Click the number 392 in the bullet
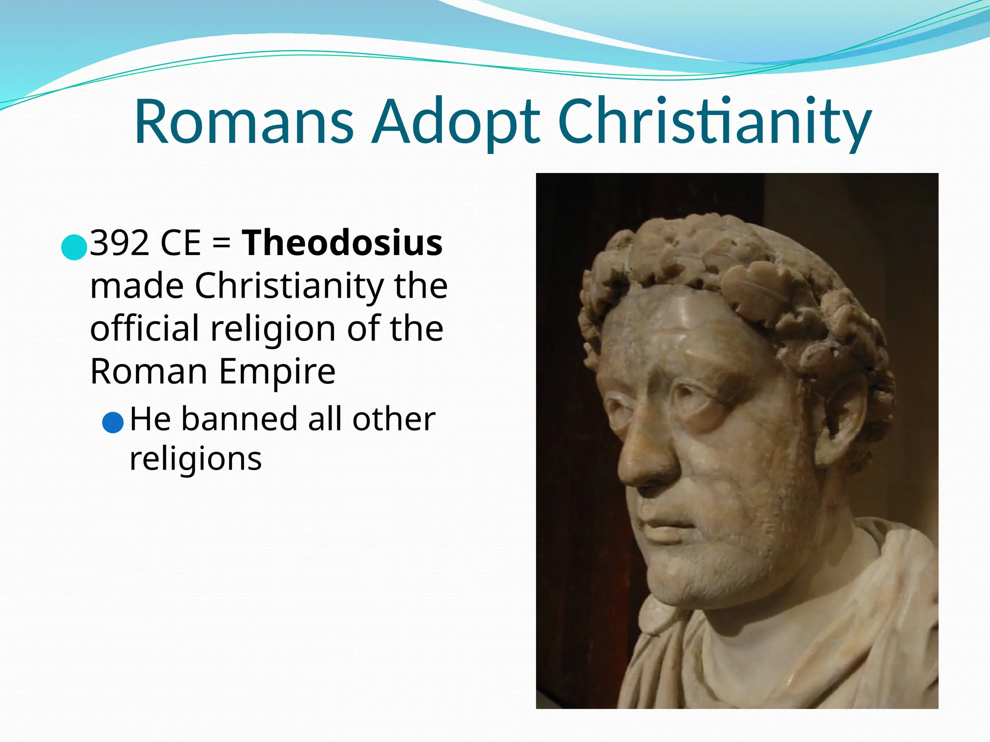120,243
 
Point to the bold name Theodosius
342,243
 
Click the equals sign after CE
221,243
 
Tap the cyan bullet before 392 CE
74,247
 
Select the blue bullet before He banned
113,422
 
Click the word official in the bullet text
145,328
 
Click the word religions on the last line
196,459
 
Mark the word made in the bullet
137,286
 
